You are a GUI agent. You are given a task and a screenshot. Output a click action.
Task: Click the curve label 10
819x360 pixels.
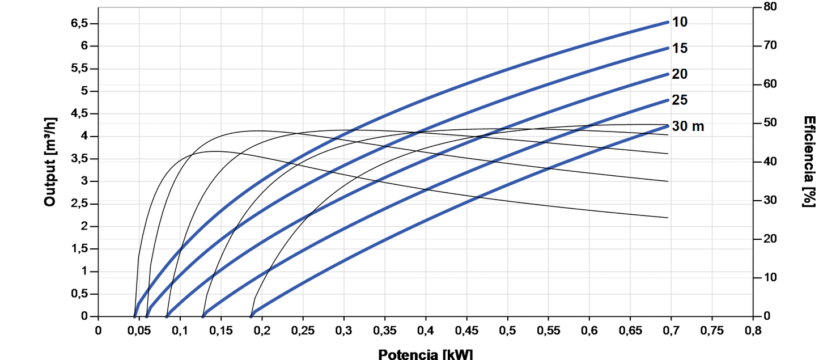click(680, 22)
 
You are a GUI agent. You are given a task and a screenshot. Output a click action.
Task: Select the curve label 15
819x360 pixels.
click(680, 48)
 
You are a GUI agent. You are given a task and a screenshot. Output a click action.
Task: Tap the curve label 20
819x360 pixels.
click(680, 74)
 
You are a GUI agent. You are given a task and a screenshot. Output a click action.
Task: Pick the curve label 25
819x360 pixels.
click(680, 100)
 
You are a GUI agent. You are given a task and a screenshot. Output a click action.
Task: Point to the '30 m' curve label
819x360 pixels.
click(688, 126)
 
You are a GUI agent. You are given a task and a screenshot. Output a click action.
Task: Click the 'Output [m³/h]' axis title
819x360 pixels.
click(50, 162)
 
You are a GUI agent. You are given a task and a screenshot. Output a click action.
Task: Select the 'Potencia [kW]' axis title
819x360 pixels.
click(425, 354)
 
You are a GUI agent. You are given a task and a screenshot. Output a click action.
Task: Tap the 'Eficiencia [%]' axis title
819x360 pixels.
click(809, 162)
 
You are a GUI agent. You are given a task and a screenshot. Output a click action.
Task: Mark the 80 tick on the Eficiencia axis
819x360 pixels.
click(770, 7)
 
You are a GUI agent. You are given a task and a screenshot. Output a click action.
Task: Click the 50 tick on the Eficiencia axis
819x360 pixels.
click(770, 123)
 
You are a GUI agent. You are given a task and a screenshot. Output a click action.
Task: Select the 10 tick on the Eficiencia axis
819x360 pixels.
click(770, 278)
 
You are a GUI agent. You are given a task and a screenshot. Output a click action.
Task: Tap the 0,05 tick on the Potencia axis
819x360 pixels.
click(139, 330)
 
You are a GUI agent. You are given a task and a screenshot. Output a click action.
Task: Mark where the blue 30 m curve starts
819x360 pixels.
click(251, 316)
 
